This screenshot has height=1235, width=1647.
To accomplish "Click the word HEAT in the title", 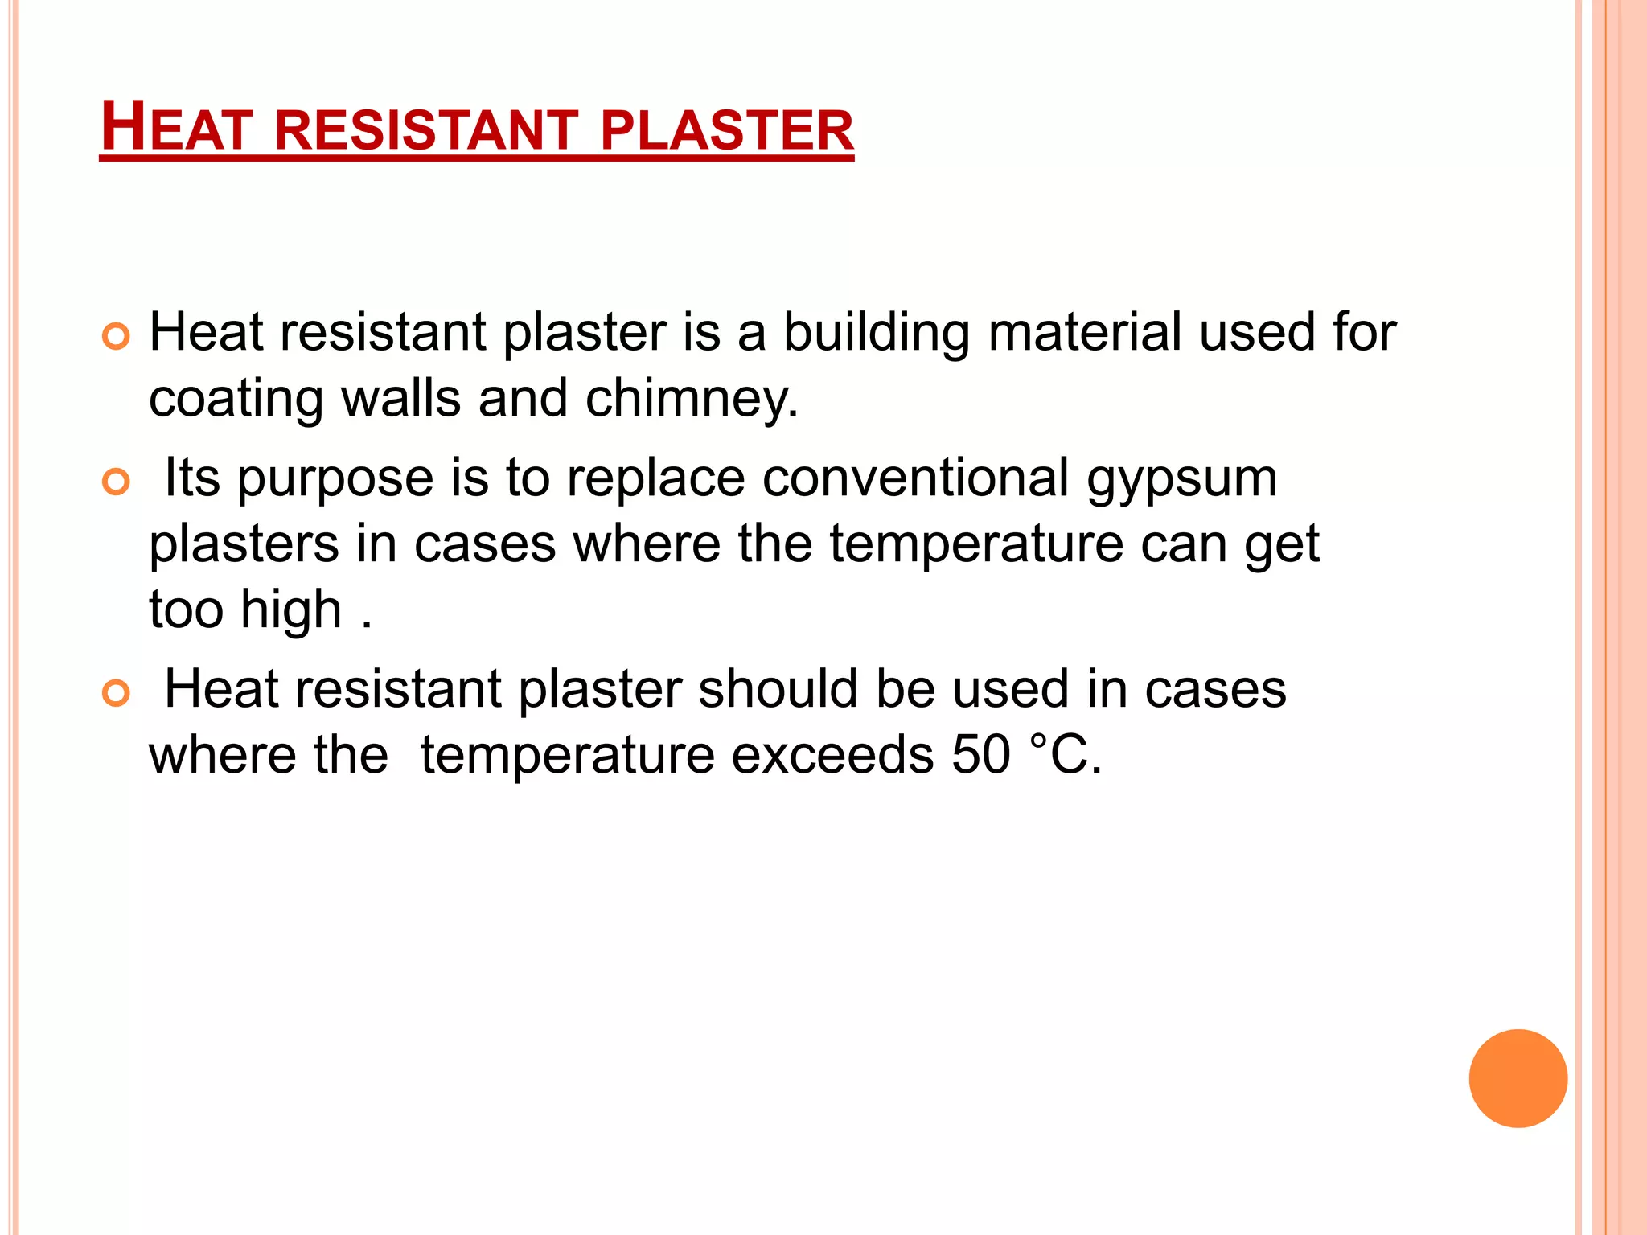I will coord(176,129).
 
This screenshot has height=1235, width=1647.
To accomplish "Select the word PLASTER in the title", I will coord(726,130).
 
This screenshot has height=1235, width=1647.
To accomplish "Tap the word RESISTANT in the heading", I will coord(426,130).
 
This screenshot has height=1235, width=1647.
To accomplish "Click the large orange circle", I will coord(1518,1078).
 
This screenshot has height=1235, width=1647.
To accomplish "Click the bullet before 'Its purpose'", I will coord(117,482).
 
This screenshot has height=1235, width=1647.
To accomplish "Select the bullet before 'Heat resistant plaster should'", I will coord(117,693).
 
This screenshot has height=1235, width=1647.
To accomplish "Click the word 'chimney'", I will coord(691,400).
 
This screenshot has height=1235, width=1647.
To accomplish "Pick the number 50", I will coord(980,755).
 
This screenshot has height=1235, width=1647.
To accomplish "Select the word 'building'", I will coord(877,334).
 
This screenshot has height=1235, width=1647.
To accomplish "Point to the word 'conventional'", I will coord(915,478).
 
